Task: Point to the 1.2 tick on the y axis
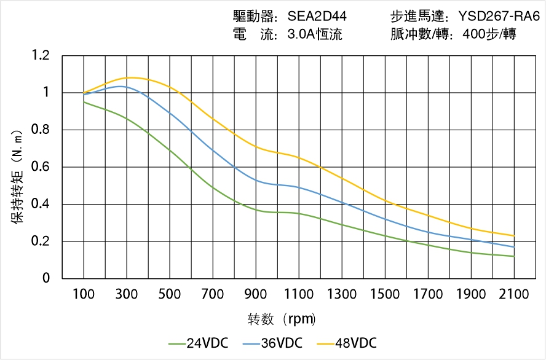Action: tap(42, 56)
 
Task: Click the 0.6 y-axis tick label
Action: tap(42, 167)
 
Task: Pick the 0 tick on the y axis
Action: tap(47, 279)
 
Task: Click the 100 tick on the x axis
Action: tap(84, 294)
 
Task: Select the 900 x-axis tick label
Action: tap(256, 294)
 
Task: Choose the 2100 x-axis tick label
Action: tap(514, 294)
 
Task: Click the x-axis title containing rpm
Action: tap(282, 319)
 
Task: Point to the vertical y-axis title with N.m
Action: tap(18, 176)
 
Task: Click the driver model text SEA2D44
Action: tap(317, 17)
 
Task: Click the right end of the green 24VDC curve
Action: tap(514, 256)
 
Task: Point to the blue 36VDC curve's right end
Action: tap(514, 247)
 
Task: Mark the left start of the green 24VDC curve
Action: tap(84, 102)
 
